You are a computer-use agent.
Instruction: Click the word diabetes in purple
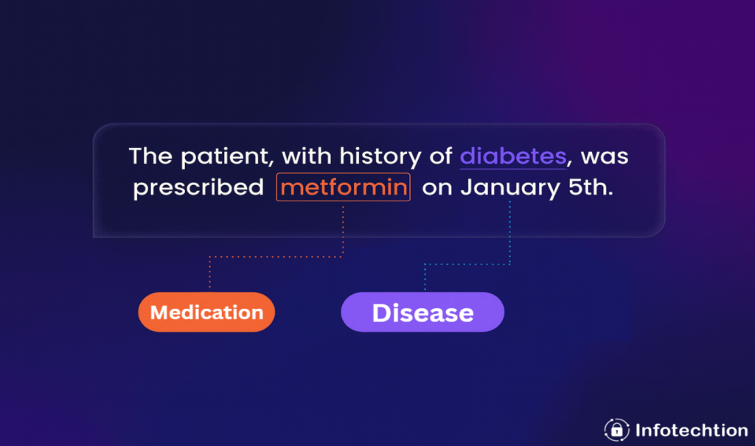pos(513,156)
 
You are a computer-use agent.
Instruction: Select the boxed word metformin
pos(344,187)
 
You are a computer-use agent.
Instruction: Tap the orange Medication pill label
pos(206,312)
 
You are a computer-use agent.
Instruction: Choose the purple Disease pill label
pos(422,312)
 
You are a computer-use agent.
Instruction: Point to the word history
pos(380,157)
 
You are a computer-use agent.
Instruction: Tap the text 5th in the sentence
pos(591,187)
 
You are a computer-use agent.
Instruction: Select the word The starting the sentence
pos(150,156)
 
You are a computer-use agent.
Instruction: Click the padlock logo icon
pos(617,430)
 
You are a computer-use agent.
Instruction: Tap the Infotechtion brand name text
pos(692,430)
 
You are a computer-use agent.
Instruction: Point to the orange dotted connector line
pos(276,257)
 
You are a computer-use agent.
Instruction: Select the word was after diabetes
pos(605,157)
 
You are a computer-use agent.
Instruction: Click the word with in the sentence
pos(306,156)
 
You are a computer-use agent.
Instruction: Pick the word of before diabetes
pos(441,156)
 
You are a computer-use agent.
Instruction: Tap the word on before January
pos(437,188)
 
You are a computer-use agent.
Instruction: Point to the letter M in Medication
pos(159,313)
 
